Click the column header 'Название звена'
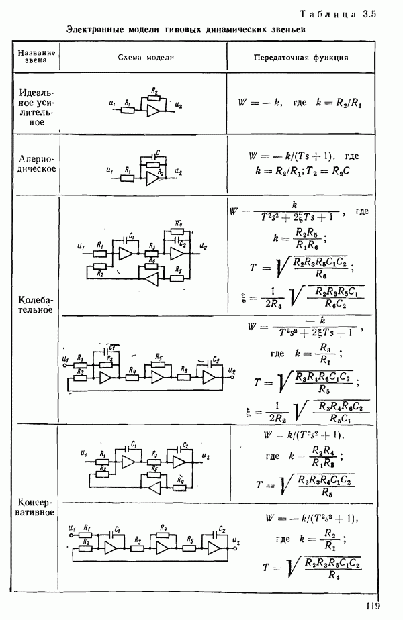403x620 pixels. [36, 56]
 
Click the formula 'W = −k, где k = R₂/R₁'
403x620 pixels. [300, 104]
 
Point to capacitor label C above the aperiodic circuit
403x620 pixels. [157, 152]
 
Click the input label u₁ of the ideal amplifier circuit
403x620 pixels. [111, 103]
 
